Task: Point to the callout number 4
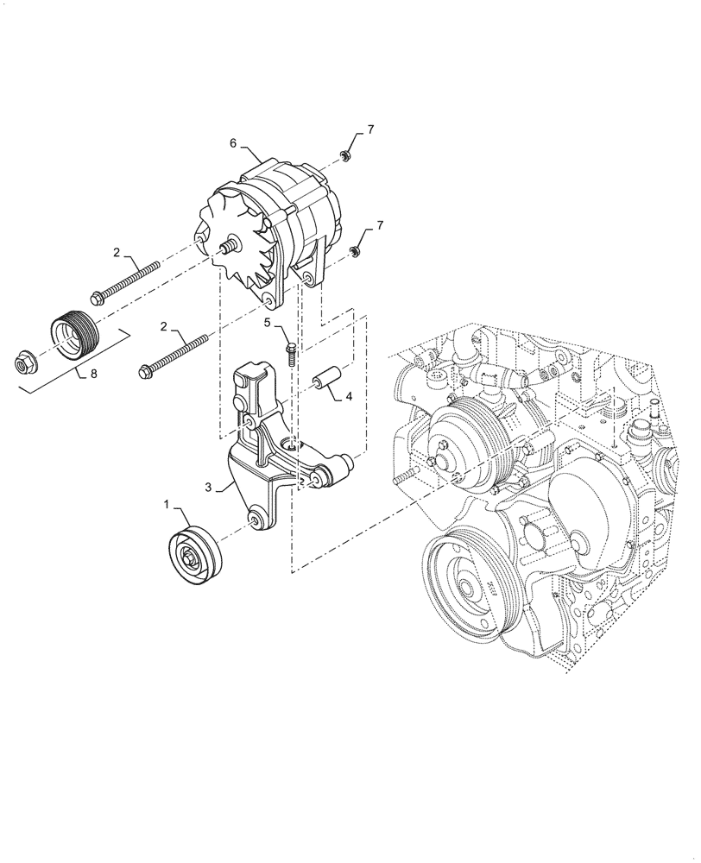[349, 397]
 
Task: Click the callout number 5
[268, 323]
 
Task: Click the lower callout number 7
[369, 227]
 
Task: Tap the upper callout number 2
[116, 253]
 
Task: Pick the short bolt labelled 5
[291, 352]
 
